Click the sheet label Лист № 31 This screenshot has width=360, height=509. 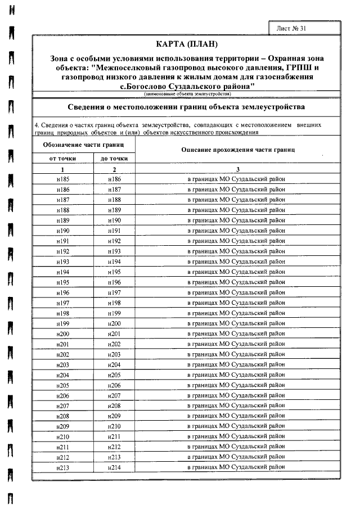point(292,28)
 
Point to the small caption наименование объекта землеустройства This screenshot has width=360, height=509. point(187,94)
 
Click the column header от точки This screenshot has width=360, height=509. point(63,158)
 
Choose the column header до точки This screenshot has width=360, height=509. point(114,158)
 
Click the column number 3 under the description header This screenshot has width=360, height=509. point(237,169)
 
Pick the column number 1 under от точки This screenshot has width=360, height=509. point(63,169)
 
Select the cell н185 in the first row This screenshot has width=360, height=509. point(63,179)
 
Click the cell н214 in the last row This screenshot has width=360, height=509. point(114,467)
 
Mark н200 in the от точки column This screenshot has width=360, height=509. point(63,334)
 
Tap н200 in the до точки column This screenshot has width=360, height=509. point(114,323)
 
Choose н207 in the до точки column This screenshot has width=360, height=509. point(114,395)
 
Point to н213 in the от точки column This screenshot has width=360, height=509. point(63,467)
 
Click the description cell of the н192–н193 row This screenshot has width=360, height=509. point(237,251)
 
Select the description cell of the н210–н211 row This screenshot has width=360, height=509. point(237,436)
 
